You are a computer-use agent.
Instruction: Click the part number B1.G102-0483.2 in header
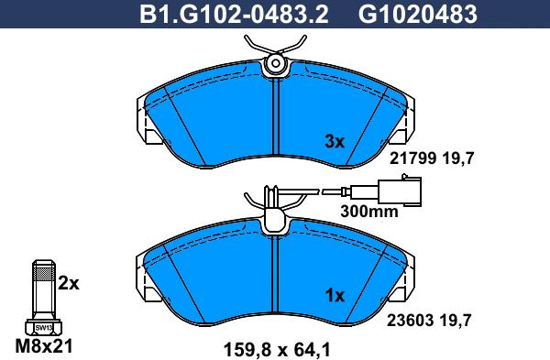pyautogui.click(x=234, y=15)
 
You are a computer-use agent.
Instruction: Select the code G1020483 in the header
pyautogui.click(x=417, y=15)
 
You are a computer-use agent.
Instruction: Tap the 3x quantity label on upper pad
pyautogui.click(x=335, y=142)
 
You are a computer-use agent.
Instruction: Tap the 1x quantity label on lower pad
pyautogui.click(x=335, y=296)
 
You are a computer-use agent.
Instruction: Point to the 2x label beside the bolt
pyautogui.click(x=69, y=283)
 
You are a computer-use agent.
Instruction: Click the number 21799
pyautogui.click(x=413, y=158)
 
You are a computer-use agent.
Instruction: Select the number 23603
pyautogui.click(x=411, y=320)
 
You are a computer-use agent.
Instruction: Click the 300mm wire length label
pyautogui.click(x=369, y=212)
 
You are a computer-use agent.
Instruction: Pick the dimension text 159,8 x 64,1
pyautogui.click(x=277, y=350)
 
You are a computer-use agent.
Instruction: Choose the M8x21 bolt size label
pyautogui.click(x=44, y=346)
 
